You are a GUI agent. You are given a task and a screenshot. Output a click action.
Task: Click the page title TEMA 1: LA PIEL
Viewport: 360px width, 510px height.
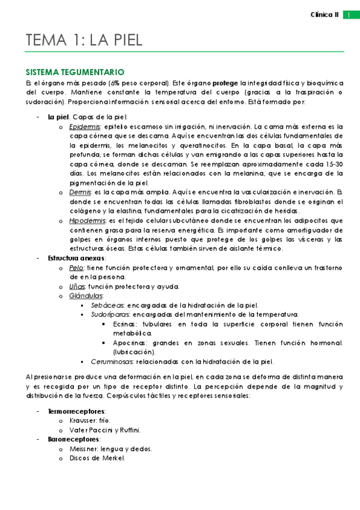[84, 40]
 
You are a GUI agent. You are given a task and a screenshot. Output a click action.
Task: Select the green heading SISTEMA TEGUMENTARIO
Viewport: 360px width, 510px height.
[75, 71]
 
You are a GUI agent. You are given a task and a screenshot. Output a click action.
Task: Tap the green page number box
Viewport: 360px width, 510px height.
[347, 15]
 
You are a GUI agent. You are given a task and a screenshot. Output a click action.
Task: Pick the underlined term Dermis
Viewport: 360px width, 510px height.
[81, 192]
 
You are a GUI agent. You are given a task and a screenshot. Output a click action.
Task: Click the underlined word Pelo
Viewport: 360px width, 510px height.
[76, 268]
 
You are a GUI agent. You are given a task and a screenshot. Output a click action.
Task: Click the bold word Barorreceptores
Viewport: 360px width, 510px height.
[74, 439]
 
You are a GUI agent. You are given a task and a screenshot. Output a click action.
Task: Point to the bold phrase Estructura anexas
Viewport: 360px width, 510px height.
[77, 258]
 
